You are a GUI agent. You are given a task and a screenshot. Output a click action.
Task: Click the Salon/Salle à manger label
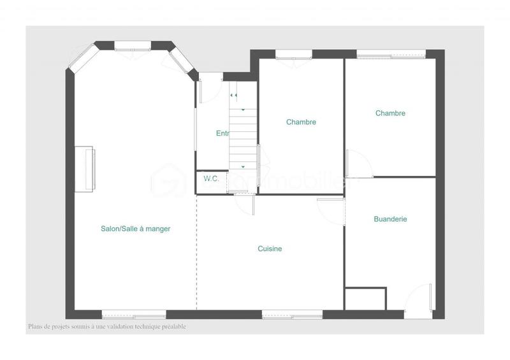click(135, 229)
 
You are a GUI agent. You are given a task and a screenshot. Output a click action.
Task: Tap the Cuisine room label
click(270, 249)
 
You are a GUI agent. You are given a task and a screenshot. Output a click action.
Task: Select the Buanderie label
click(390, 219)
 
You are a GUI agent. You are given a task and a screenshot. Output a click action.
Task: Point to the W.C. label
click(211, 179)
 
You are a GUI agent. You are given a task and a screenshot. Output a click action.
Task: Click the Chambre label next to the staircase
click(301, 122)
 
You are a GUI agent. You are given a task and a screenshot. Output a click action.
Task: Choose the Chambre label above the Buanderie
click(390, 113)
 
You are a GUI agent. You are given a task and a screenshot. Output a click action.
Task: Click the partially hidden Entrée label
click(222, 133)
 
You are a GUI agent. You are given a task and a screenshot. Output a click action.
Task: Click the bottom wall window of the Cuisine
click(292, 314)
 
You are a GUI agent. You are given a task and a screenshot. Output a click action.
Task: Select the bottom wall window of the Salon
click(134, 314)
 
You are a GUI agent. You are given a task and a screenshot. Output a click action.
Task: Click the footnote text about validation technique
click(106, 327)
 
